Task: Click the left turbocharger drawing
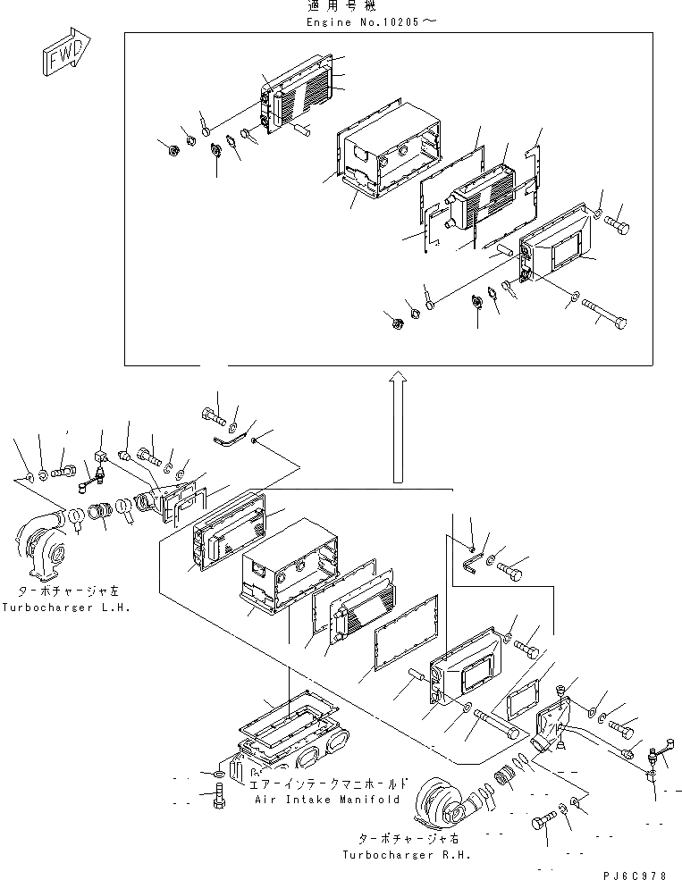[42, 541]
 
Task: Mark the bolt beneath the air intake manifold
[220, 794]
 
